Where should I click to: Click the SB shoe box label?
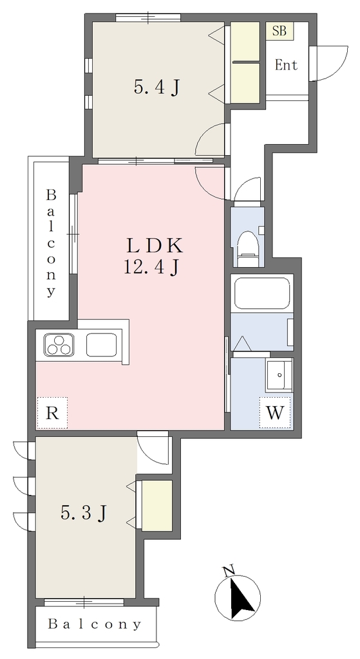(x=279, y=31)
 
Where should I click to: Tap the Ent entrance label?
(x=286, y=65)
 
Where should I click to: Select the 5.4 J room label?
(x=157, y=87)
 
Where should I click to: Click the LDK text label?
(x=155, y=246)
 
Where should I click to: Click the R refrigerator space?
(x=52, y=413)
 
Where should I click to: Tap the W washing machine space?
(x=276, y=413)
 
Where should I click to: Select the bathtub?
(x=261, y=293)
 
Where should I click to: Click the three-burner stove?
(x=59, y=345)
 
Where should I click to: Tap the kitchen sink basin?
(x=101, y=345)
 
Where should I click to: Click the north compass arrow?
(x=242, y=597)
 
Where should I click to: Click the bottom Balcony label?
(x=94, y=624)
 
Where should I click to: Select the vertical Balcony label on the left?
(x=51, y=243)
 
